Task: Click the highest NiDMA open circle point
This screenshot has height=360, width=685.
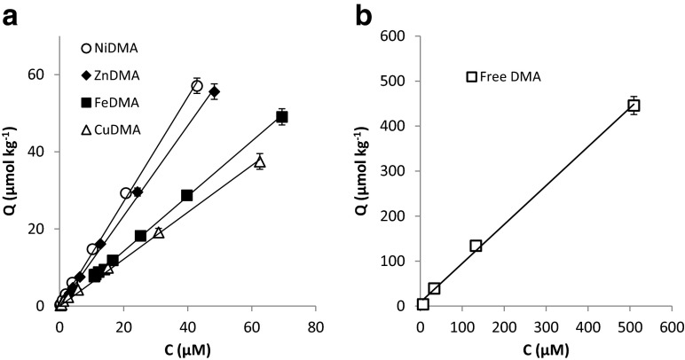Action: point(197,86)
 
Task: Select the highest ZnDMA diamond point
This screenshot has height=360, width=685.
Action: point(214,92)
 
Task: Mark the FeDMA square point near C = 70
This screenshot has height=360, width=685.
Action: point(282,117)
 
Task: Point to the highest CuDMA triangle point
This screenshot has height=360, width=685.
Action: point(260,161)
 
